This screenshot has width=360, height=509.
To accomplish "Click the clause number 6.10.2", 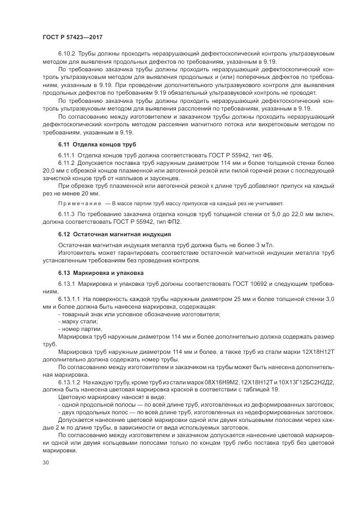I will point(66,54).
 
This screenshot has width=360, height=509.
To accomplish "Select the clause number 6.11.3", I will point(66,215).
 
